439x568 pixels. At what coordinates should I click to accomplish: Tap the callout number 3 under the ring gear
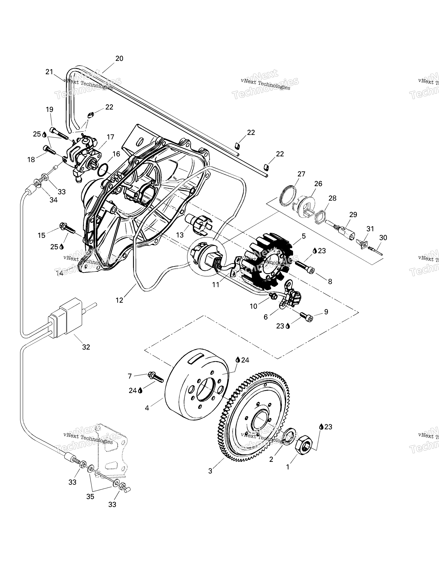[210, 471]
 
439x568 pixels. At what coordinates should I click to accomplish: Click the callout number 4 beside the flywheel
[147, 408]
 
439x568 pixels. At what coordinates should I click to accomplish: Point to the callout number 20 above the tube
[119, 59]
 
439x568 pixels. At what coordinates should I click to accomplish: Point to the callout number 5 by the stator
[304, 236]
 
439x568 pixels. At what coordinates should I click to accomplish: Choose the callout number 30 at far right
[383, 238]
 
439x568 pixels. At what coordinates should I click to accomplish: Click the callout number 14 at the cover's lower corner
[60, 273]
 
